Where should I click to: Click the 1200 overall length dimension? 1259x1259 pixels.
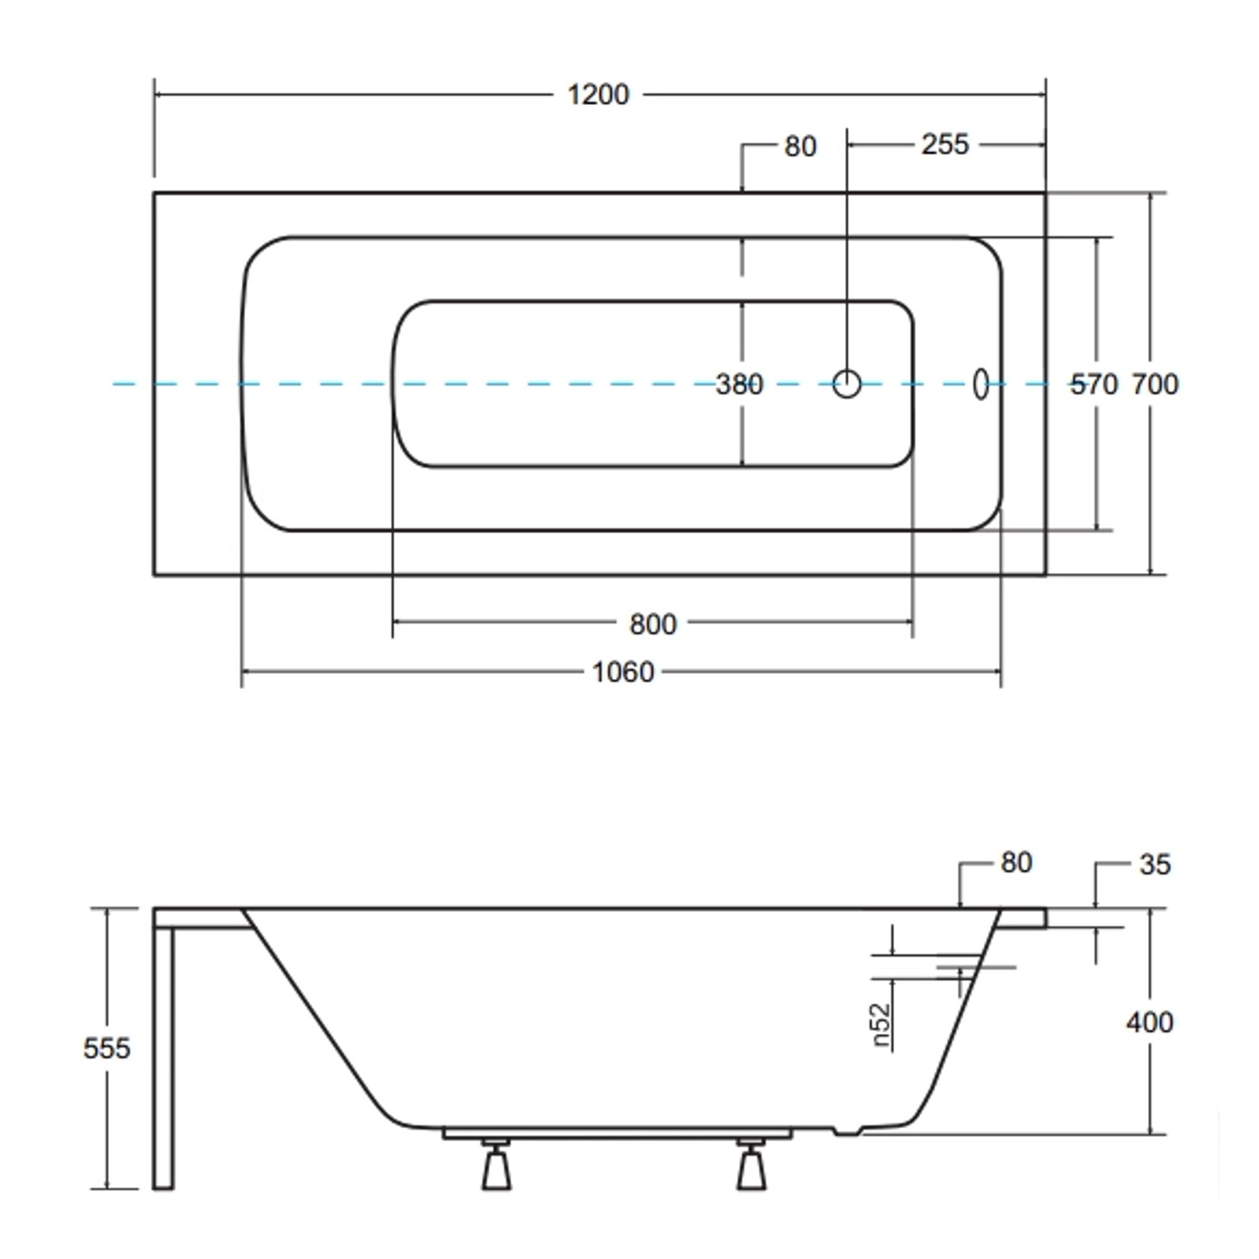[x=598, y=95]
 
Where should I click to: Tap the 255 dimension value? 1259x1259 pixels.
[x=944, y=144]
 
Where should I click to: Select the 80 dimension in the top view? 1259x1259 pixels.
[x=800, y=147]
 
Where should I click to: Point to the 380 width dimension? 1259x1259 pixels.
[x=739, y=384]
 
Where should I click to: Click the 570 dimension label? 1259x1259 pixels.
[x=1094, y=384]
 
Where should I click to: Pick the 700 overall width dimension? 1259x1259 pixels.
[x=1155, y=384]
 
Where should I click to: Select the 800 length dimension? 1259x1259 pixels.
[x=652, y=624]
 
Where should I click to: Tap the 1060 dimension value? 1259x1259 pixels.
[x=622, y=672]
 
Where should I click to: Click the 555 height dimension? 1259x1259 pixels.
[x=107, y=1047]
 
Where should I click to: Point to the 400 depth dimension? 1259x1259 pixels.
[x=1149, y=1021]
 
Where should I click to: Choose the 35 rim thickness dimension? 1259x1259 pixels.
[x=1155, y=865]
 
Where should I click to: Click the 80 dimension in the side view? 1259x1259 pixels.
[x=1016, y=863]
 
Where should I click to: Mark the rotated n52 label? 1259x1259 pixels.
[x=880, y=1025]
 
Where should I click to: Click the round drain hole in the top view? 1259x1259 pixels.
[x=847, y=384]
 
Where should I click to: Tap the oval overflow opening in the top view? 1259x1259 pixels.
[x=980, y=384]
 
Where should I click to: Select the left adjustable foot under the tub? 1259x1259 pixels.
[x=496, y=1167]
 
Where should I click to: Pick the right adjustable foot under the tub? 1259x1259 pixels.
[x=751, y=1167]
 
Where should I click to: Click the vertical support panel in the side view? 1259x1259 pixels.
[x=164, y=1058]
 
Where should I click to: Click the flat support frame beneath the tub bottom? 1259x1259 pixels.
[x=617, y=1134]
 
